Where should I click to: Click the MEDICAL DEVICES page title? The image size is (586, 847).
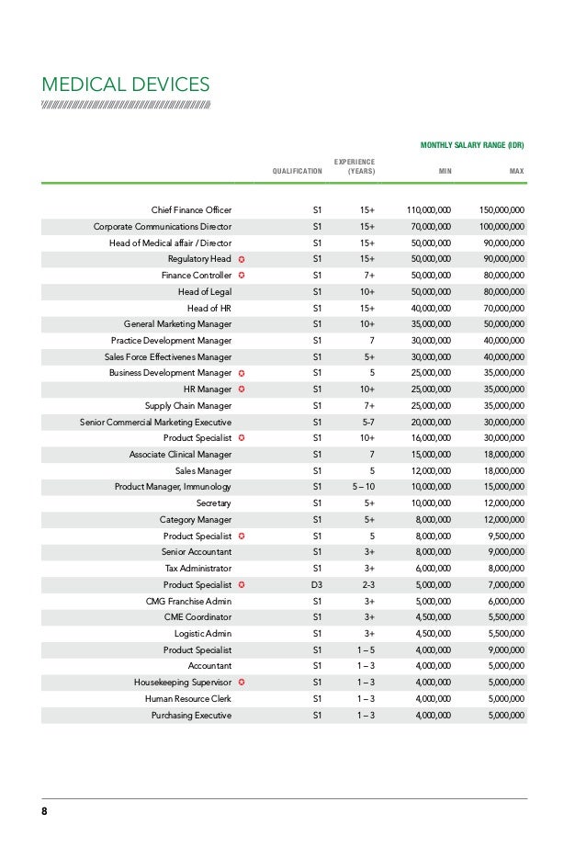point(126,85)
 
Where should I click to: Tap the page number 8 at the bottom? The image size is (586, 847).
point(44,812)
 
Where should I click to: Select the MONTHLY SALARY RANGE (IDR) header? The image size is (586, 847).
point(471,145)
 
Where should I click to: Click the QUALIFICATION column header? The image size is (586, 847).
point(298,172)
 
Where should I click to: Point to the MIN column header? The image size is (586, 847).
point(443,172)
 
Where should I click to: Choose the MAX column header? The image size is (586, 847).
point(516,172)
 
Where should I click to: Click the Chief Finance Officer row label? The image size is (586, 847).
point(191,210)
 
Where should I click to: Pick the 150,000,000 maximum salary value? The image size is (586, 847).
point(501,210)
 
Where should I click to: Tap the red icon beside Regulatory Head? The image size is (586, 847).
point(241,259)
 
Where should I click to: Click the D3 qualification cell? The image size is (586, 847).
point(317,584)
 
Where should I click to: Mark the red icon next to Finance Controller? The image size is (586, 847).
point(241,276)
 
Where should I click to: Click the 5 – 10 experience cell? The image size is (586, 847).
point(361,487)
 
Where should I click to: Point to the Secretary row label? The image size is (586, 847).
point(213,503)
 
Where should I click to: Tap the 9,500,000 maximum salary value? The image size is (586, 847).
point(506,536)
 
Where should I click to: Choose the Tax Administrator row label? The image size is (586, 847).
point(198,568)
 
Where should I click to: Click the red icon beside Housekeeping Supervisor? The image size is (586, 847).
point(241,682)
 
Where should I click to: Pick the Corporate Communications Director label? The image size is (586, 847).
point(162,227)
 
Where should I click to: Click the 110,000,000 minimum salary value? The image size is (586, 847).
point(428,210)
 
